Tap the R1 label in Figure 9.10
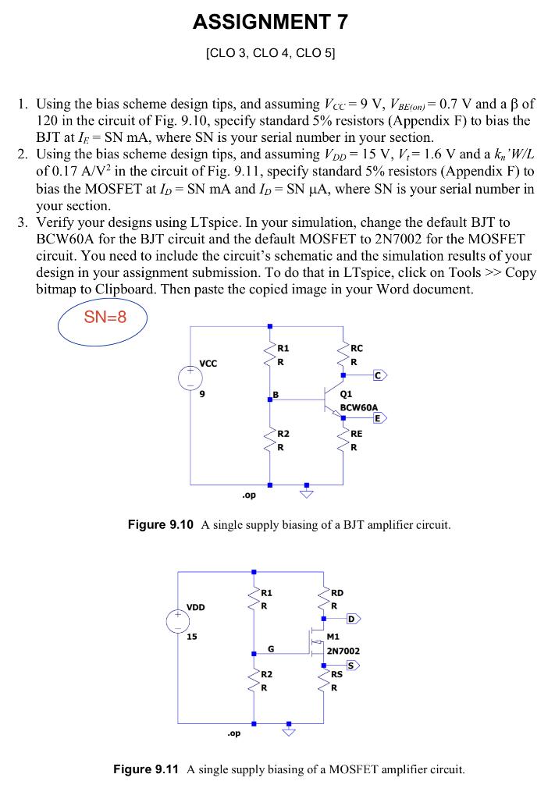click(x=283, y=348)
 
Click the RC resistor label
click(x=357, y=348)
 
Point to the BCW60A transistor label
click(x=359, y=407)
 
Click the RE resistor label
click(x=357, y=434)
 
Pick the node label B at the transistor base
click(x=274, y=395)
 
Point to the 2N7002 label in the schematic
click(x=343, y=650)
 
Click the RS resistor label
click(x=337, y=674)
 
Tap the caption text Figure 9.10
click(x=160, y=524)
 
